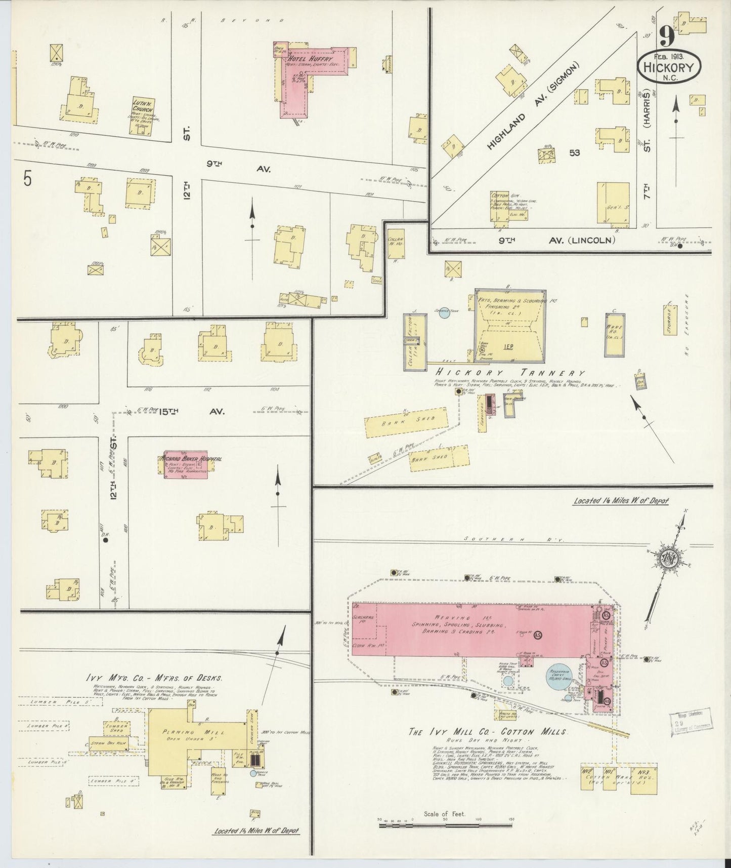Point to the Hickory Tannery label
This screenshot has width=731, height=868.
click(509, 373)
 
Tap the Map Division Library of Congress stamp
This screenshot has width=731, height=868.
click(691, 722)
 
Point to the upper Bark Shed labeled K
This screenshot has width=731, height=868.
click(406, 424)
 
